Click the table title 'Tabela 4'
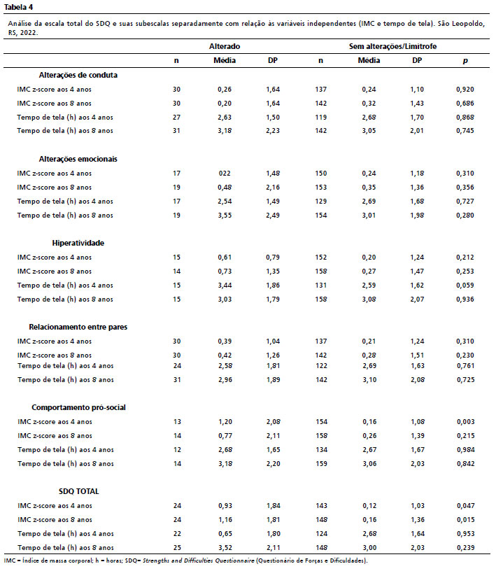click(19, 8)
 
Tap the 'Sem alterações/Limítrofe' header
click(393, 45)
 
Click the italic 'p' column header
click(465, 60)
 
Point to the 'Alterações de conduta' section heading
click(83, 75)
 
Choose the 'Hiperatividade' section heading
click(78, 243)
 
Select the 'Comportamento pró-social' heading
click(78, 407)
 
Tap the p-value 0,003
click(465, 422)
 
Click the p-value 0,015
click(465, 520)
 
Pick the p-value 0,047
click(465, 506)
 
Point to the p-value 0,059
click(465, 285)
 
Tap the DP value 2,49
click(274, 216)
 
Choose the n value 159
click(320, 464)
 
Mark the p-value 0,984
click(465, 450)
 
